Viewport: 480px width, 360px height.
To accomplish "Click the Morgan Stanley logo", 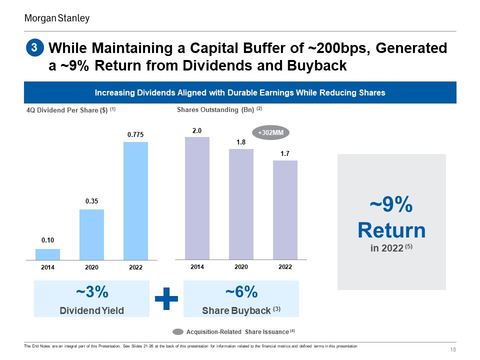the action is point(57,18).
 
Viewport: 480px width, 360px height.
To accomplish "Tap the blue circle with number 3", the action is point(34,48).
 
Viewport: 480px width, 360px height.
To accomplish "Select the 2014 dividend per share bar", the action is point(48,254).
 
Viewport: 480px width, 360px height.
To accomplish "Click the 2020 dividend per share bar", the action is point(91,234).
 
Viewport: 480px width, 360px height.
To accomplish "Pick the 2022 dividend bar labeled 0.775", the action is point(135,201).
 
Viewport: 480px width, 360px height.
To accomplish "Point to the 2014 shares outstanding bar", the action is point(197,198).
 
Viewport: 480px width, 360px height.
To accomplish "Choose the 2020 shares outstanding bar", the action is point(241,204).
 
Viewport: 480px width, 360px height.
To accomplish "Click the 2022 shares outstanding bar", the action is point(285,210).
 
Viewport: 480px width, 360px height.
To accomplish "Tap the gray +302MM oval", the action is point(270,132).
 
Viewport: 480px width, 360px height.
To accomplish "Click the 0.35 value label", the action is point(91,201).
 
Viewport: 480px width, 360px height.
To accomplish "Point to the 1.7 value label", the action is point(285,153).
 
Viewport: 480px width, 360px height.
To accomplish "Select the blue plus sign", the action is point(166,298).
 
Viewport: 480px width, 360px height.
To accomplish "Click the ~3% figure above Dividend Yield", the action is point(92,291).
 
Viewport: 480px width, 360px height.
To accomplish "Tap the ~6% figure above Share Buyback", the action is point(241,291).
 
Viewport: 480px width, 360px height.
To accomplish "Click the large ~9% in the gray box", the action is point(391,204).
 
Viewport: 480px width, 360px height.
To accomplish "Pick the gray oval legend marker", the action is point(178,332).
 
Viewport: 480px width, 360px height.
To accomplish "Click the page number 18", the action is point(453,349).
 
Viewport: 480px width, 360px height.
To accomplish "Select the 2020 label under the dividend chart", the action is point(91,267).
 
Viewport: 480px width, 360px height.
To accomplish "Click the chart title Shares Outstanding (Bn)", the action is point(215,109).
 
